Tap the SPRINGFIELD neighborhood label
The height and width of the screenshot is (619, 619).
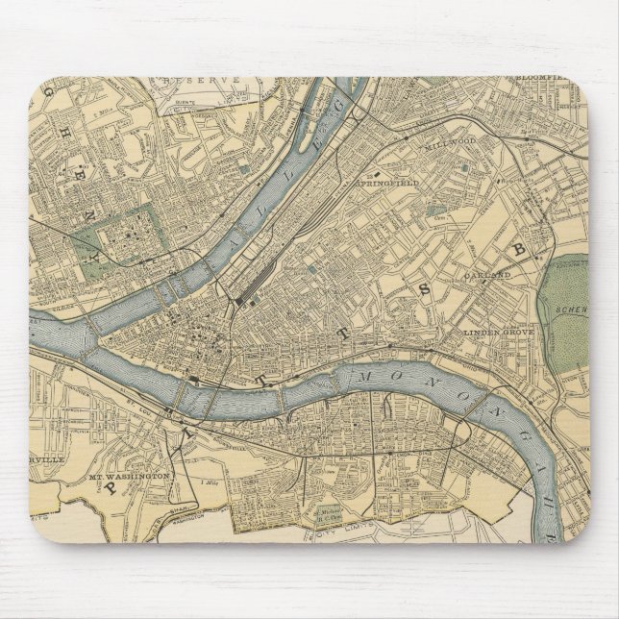point(384,182)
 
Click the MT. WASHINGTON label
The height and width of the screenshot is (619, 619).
point(130,476)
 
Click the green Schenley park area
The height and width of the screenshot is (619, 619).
point(566,308)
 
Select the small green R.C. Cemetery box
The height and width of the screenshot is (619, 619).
point(330,515)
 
